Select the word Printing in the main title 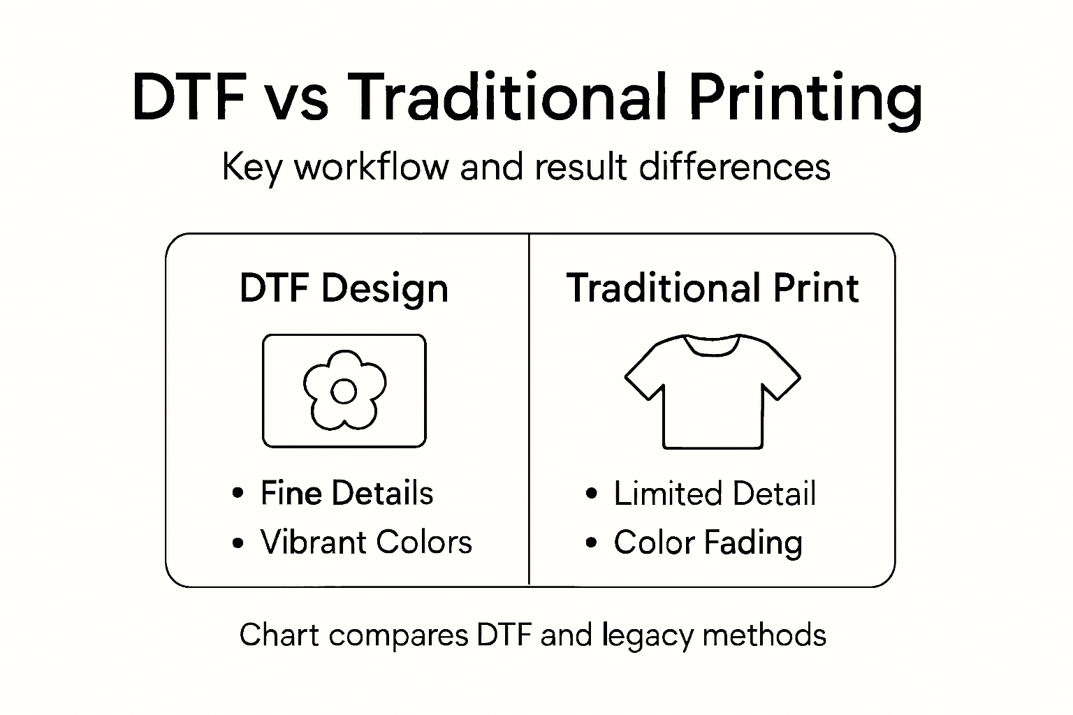point(805,98)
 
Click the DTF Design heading point(344,288)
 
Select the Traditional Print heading point(713,288)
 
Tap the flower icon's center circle point(344,392)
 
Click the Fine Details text point(346,493)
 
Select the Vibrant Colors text point(366,542)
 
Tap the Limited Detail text point(715,494)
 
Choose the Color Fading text point(708,543)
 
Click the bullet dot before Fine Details point(238,494)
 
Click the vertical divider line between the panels point(530,419)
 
